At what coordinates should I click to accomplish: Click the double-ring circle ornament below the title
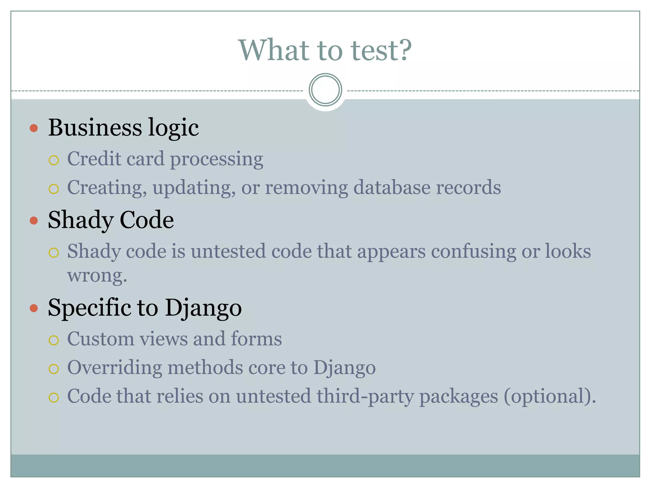click(x=325, y=90)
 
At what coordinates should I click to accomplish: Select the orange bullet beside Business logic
click(x=34, y=128)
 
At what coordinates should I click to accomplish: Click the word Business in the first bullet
click(x=95, y=127)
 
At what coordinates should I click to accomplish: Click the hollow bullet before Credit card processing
click(x=54, y=160)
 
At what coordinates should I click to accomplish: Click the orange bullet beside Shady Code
click(x=34, y=220)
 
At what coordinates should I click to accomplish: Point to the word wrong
click(x=97, y=275)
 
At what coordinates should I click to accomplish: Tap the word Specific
click(x=89, y=308)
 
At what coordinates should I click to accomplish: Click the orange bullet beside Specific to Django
click(x=34, y=308)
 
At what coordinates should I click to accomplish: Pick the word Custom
click(x=101, y=339)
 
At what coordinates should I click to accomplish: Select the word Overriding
click(x=114, y=368)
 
